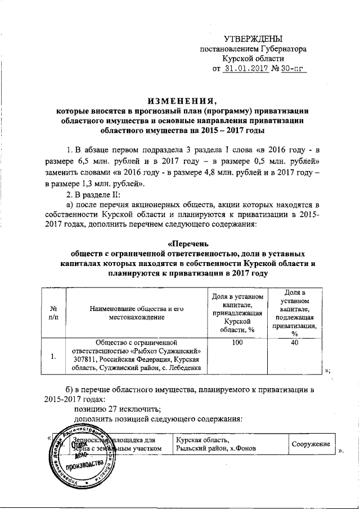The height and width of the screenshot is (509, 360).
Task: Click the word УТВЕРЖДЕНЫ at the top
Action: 254,39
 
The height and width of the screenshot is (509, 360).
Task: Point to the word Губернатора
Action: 279,49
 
